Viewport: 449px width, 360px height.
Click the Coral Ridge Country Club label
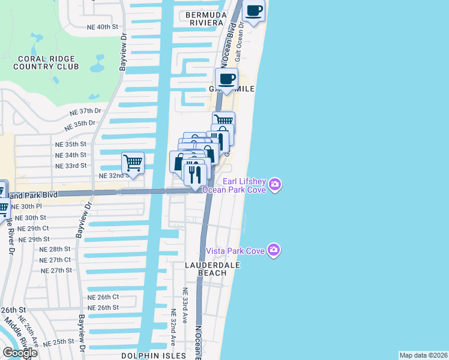46,62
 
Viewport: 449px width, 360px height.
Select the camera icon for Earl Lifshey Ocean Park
276,184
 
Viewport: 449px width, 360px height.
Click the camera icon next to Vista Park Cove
274,250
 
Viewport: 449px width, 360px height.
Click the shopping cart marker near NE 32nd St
133,163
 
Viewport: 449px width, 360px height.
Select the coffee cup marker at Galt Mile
226,79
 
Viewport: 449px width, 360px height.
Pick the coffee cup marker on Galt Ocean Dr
255,11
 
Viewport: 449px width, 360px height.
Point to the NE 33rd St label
71,165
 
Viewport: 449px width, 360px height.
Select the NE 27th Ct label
55,260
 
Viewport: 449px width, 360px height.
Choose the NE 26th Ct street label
103,297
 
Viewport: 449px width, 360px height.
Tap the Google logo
20,353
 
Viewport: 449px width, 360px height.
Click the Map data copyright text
424,355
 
